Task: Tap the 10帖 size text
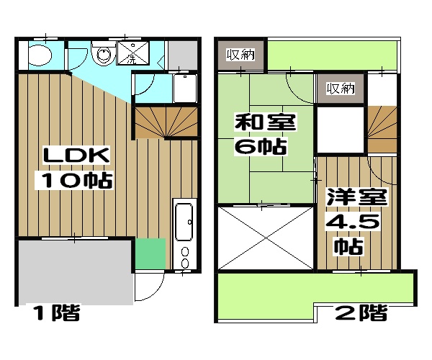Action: pyautogui.click(x=76, y=181)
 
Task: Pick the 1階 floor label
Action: pyautogui.click(x=54, y=314)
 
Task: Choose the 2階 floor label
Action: pyautogui.click(x=361, y=314)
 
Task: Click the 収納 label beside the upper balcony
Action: pyautogui.click(x=240, y=55)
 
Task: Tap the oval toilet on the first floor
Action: pyautogui.click(x=40, y=55)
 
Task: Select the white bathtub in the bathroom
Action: pyautogui.click(x=185, y=89)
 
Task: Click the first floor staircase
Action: pyautogui.click(x=166, y=121)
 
